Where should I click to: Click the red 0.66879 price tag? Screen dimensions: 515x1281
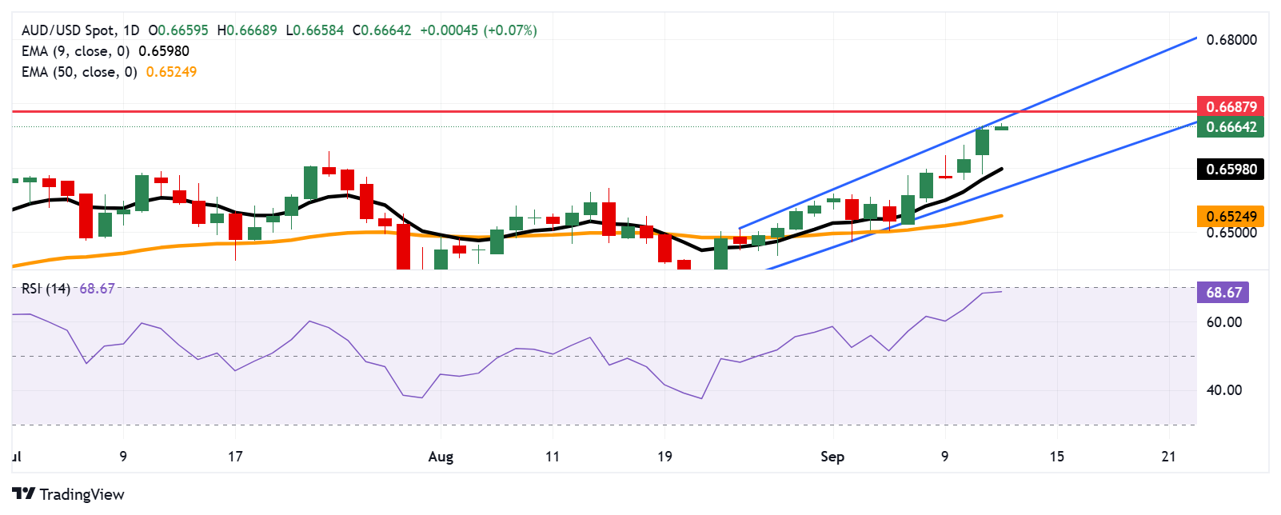point(1231,106)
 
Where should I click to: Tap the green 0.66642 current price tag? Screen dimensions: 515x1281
point(1231,127)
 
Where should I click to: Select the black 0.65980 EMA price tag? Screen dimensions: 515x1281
point(1231,169)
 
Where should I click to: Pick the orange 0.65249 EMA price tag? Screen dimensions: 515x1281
point(1231,216)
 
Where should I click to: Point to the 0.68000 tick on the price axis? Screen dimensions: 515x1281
point(1231,39)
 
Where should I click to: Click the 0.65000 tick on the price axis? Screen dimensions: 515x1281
point(1231,233)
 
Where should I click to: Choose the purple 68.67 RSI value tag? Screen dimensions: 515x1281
point(1223,292)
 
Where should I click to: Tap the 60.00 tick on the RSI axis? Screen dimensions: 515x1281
point(1223,322)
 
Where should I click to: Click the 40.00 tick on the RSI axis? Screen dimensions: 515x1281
point(1223,390)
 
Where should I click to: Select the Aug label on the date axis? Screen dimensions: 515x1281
point(441,457)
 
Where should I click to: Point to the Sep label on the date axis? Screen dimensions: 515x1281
point(832,457)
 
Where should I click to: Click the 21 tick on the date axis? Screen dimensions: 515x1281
point(1169,457)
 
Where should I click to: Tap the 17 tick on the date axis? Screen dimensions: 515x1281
point(235,457)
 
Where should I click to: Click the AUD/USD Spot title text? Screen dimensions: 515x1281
point(69,30)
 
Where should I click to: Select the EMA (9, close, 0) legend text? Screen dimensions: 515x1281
point(75,51)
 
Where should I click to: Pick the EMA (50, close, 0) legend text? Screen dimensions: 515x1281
point(79,72)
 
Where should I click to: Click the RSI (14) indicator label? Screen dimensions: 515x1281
point(46,289)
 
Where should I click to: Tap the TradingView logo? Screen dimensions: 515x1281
point(69,494)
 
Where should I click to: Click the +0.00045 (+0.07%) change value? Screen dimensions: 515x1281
point(478,30)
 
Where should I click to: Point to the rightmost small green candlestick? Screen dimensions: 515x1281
point(1001,128)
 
